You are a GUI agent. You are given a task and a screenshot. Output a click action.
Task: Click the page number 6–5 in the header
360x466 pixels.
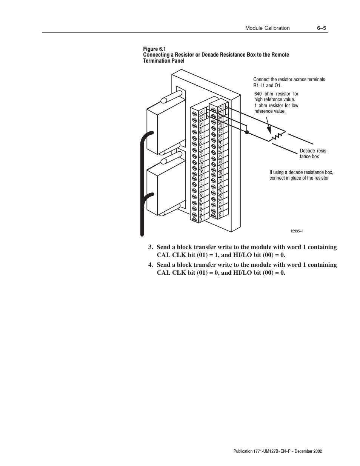coord(321,28)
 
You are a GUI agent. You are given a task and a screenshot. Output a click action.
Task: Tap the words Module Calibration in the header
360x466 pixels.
coord(267,28)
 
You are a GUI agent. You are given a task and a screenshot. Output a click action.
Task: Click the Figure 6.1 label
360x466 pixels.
coord(154,49)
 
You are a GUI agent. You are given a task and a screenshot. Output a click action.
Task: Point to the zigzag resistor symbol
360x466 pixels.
coord(277,136)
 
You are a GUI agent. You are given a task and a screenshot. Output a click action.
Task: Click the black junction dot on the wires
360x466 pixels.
coord(247,132)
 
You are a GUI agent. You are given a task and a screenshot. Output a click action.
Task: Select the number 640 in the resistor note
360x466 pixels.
coord(258,94)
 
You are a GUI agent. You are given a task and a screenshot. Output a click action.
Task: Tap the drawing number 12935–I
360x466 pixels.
coord(297,230)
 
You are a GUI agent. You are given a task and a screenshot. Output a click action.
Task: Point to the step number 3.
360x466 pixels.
coord(150,247)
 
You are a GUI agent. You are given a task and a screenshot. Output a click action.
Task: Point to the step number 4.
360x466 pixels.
coord(150,265)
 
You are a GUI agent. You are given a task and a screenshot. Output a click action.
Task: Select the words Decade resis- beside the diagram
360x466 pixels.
coord(314,151)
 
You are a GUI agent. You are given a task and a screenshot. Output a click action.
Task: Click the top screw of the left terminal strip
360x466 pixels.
coord(194,113)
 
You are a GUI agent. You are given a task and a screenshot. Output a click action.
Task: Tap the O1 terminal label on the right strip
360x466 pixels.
coord(225,109)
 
